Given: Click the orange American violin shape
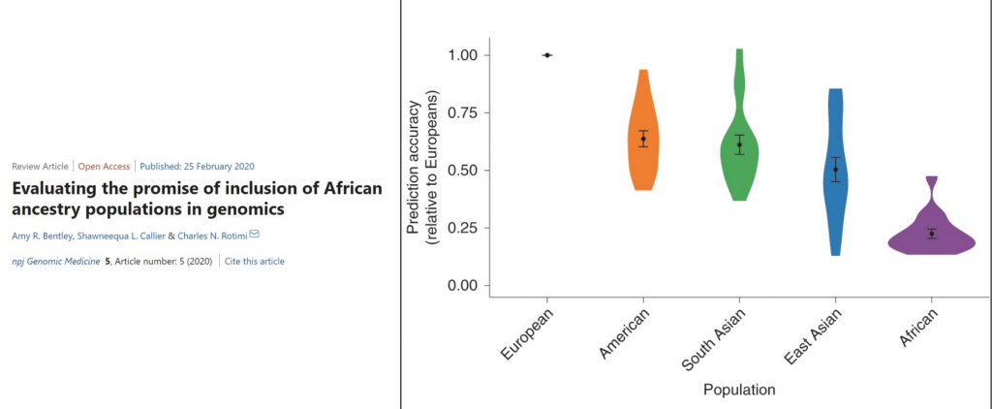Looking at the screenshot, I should (x=641, y=145).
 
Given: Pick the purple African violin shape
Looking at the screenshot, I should (x=931, y=237).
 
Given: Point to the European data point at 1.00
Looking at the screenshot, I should (x=547, y=55).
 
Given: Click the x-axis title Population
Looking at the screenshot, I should (x=739, y=391).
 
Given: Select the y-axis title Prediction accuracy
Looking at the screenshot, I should (x=417, y=171).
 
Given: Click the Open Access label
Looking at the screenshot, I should (x=104, y=166).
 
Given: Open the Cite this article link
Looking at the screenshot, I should (x=255, y=261).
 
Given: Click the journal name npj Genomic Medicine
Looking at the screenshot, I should (x=55, y=261).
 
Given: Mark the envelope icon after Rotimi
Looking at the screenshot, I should (x=254, y=236).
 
